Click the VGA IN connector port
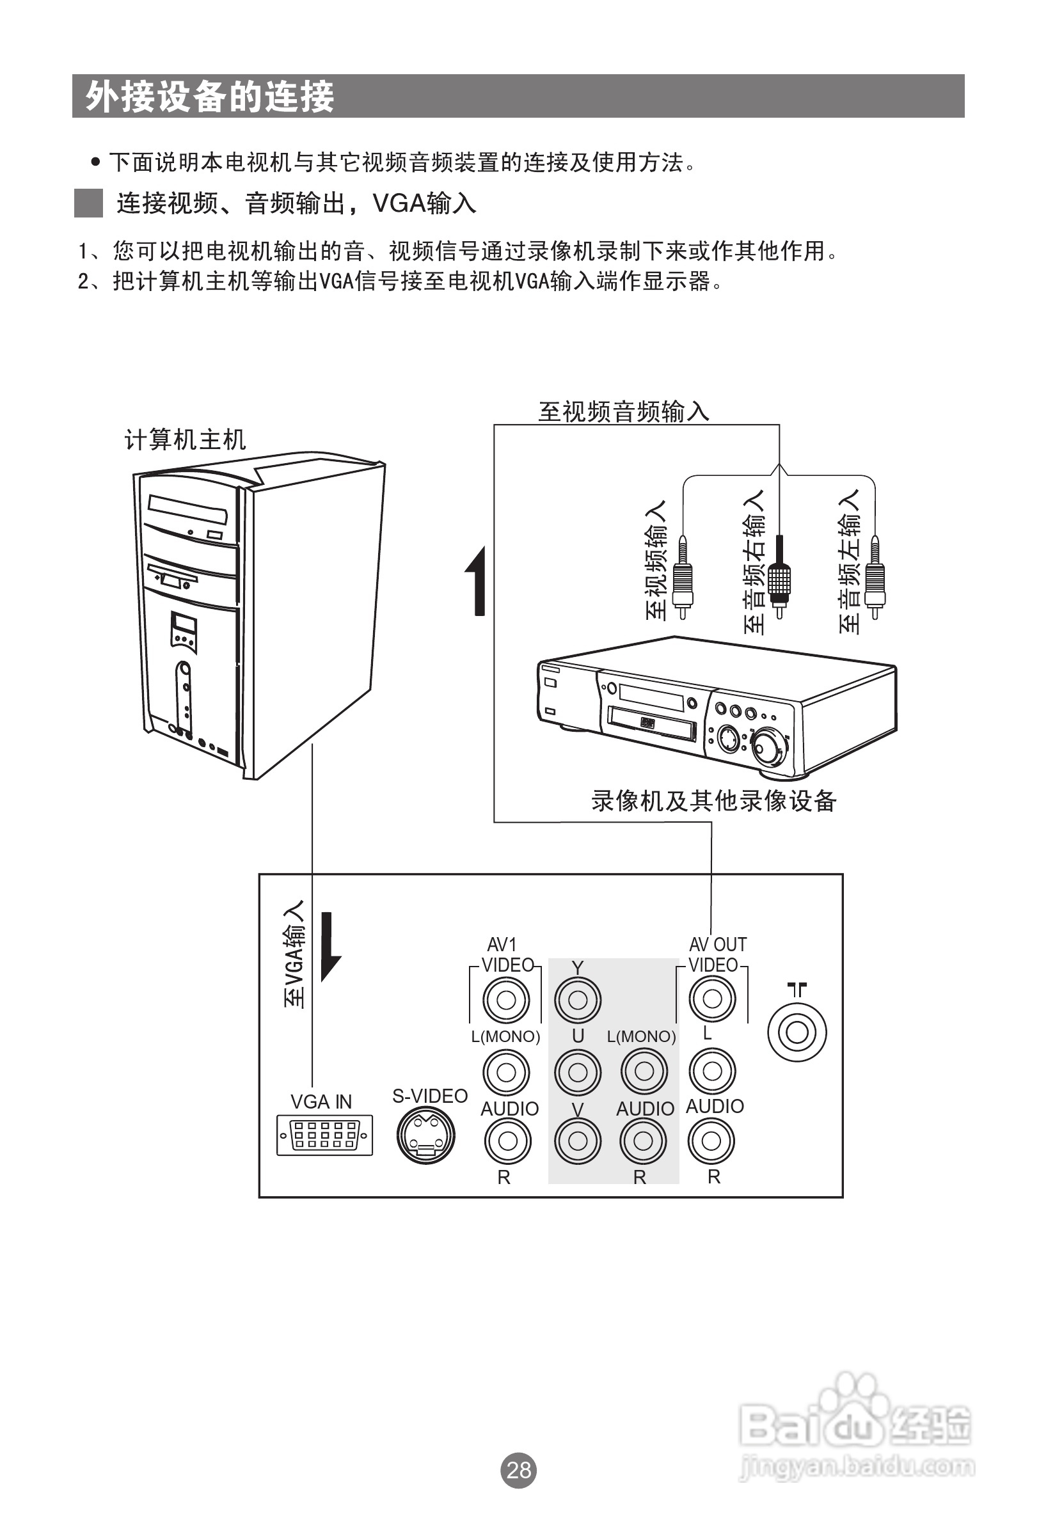[324, 1135]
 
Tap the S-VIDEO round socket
[426, 1136]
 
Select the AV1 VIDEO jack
[506, 1000]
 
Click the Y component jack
[578, 1000]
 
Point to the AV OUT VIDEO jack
[712, 999]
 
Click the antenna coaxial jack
[797, 1032]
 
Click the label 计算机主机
[185, 439]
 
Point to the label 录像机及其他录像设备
[713, 800]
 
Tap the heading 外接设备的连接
[210, 97]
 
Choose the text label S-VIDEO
[430, 1096]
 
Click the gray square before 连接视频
[88, 203]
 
